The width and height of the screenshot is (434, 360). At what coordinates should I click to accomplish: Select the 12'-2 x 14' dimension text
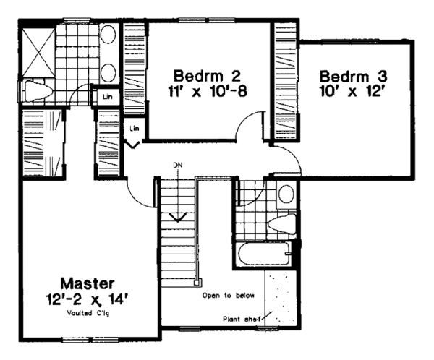(86, 296)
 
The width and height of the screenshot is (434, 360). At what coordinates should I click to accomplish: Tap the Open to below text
(225, 295)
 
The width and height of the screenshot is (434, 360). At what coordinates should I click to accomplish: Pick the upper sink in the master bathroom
(109, 36)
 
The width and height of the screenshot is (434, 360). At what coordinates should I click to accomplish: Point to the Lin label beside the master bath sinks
(106, 96)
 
